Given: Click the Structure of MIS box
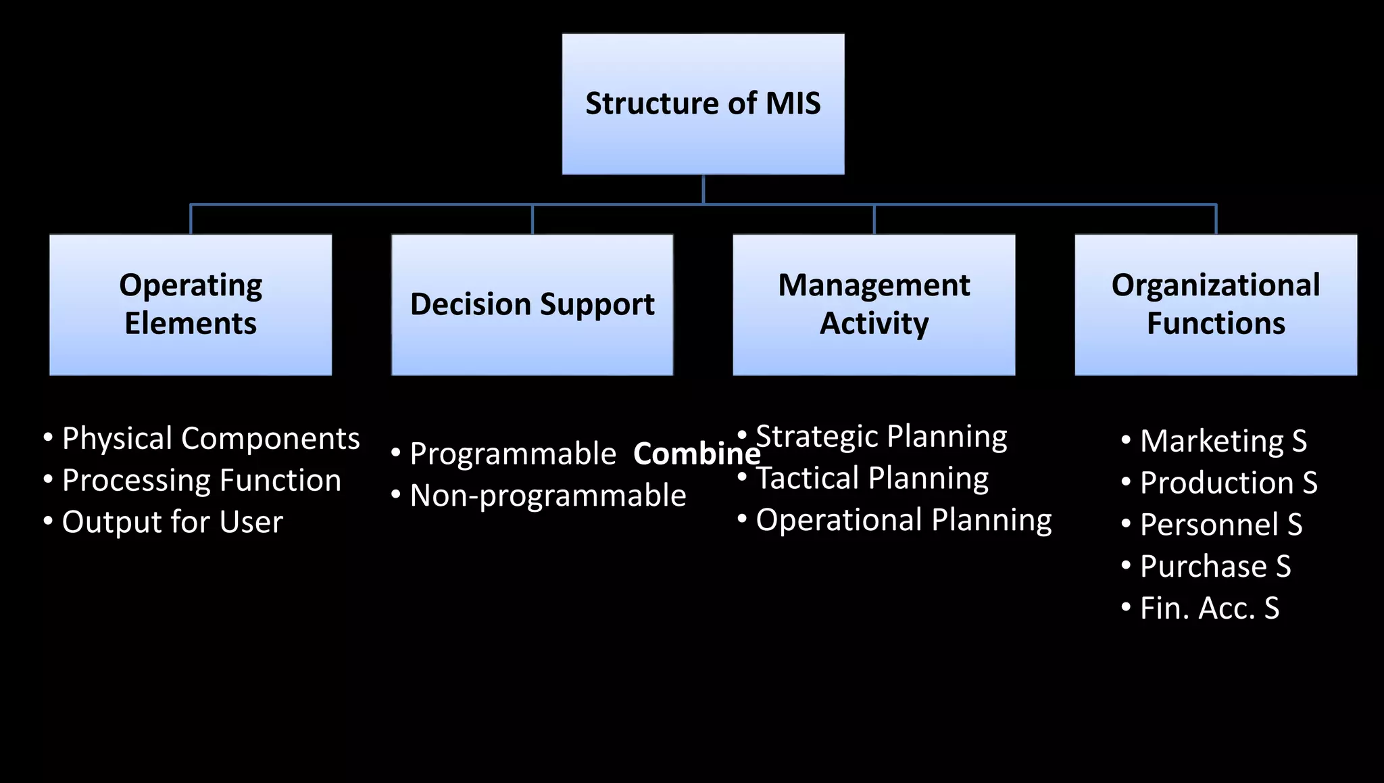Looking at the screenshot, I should (x=703, y=103).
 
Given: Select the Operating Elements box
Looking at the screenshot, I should (x=191, y=304).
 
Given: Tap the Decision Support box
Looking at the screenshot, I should (x=532, y=304).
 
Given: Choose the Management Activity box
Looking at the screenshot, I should (x=874, y=304).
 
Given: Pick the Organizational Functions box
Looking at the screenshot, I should (x=1216, y=304).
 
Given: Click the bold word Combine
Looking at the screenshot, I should (x=696, y=454).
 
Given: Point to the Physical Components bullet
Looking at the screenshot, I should (x=210, y=438).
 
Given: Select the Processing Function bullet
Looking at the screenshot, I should (x=201, y=480).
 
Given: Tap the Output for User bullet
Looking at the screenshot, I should (x=172, y=522).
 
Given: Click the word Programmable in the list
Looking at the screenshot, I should (x=512, y=454).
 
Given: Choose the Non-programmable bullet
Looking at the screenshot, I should (x=547, y=496).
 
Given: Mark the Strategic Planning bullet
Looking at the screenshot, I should (x=881, y=436).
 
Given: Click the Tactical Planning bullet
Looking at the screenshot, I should (x=871, y=478).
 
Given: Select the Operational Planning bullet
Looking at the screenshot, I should (x=903, y=520).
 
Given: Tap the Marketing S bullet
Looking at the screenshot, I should (x=1222, y=441).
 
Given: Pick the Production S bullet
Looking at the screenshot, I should (x=1228, y=483).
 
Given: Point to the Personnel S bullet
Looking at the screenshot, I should (x=1220, y=525).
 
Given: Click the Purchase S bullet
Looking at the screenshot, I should (x=1214, y=567).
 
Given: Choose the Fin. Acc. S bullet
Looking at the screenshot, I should (x=1209, y=609).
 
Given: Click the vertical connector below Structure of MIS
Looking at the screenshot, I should (x=703, y=189).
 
